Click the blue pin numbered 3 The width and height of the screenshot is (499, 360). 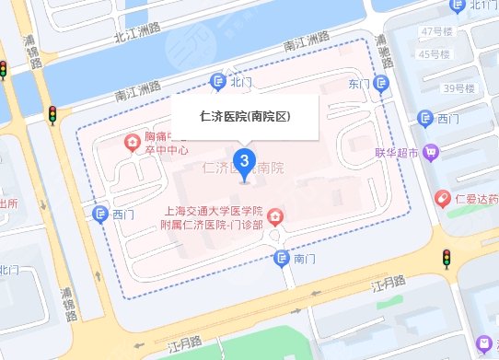(x=243, y=162)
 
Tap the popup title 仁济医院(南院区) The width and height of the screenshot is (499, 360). (x=245, y=117)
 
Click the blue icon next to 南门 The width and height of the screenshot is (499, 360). (x=283, y=260)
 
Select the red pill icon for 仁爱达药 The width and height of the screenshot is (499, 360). (x=443, y=198)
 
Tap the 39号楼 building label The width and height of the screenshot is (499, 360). (x=458, y=88)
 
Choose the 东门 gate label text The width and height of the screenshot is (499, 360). (x=358, y=85)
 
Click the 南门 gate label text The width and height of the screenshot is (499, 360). (x=304, y=260)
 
